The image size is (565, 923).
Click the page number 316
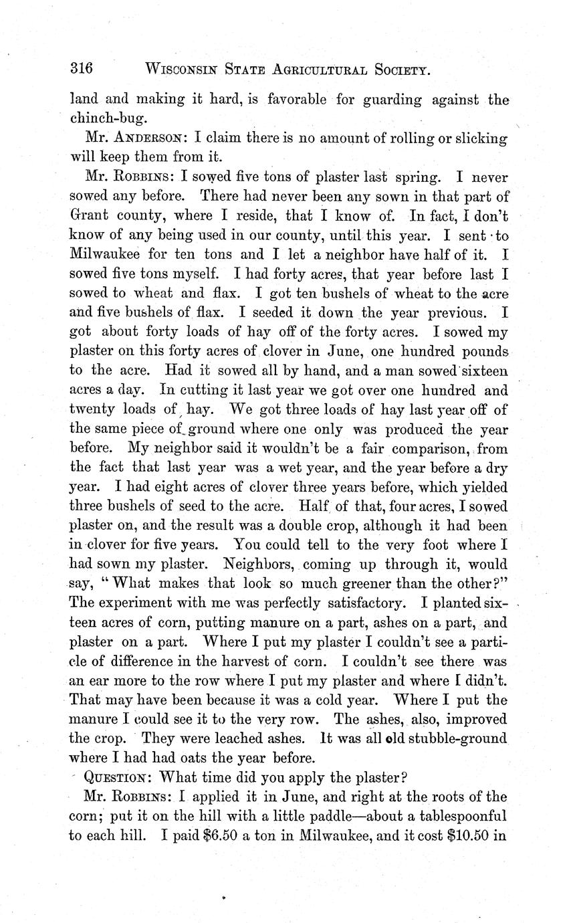click(81, 69)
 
